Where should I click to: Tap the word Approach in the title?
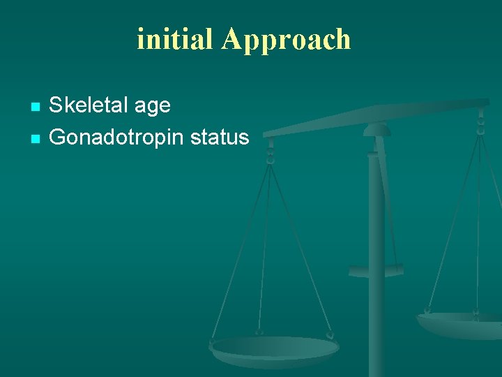click(286, 40)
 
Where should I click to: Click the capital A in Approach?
click(231, 39)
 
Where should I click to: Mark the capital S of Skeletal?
click(55, 105)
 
